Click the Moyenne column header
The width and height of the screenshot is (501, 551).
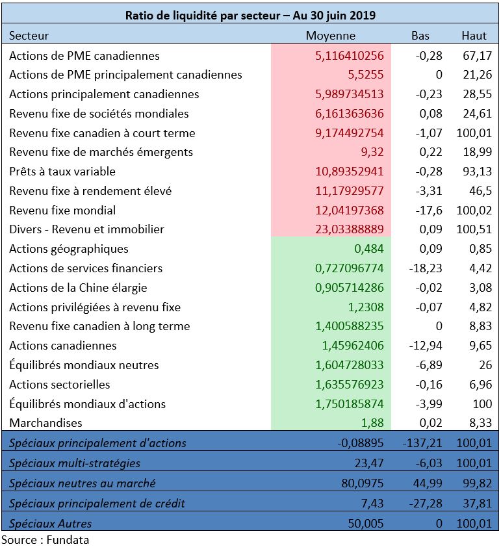[330, 36]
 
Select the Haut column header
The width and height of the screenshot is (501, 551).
[474, 36]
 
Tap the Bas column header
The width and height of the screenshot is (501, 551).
[420, 36]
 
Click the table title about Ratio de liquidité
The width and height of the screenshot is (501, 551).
[251, 15]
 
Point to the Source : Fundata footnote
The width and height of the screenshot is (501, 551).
[45, 540]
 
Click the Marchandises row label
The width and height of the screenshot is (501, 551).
[45, 423]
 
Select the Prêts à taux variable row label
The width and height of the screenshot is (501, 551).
[62, 172]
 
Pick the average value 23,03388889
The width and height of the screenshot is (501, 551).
[349, 229]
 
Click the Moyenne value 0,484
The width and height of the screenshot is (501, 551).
[368, 249]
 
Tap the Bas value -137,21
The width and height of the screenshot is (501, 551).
[422, 442]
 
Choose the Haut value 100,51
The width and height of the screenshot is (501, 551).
[474, 229]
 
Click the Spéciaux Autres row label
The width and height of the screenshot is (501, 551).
[50, 524]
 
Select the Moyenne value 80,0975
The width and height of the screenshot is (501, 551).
[362, 483]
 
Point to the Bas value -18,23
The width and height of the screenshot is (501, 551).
[426, 268]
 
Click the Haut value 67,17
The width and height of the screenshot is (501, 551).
[477, 55]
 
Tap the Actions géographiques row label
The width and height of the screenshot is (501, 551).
[69, 249]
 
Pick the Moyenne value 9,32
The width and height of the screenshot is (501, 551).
[372, 152]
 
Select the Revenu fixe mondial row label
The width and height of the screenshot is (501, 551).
[62, 210]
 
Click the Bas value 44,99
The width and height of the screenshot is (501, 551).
[427, 483]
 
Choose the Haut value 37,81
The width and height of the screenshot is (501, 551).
[477, 503]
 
